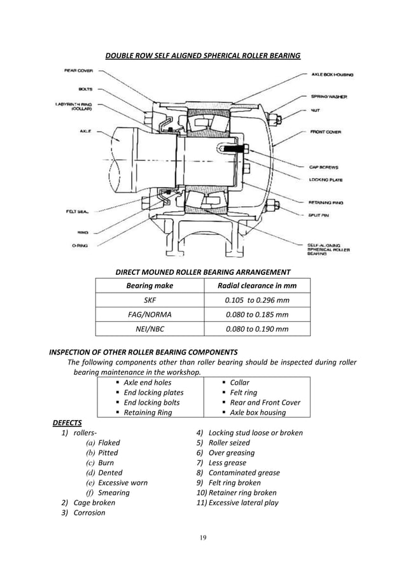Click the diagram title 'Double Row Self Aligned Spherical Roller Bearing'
[x=202, y=56]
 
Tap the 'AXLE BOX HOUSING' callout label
[x=332, y=74]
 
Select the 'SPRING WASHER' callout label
[x=329, y=97]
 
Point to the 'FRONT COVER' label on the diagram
[x=326, y=132]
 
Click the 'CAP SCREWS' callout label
[x=325, y=167]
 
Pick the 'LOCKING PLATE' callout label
[x=326, y=179]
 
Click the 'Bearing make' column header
[x=150, y=286]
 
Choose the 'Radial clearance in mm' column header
[x=257, y=286]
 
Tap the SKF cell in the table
[x=150, y=300]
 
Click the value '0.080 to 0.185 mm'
[x=257, y=314]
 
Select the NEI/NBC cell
[x=150, y=329]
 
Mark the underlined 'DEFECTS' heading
[x=67, y=423]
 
